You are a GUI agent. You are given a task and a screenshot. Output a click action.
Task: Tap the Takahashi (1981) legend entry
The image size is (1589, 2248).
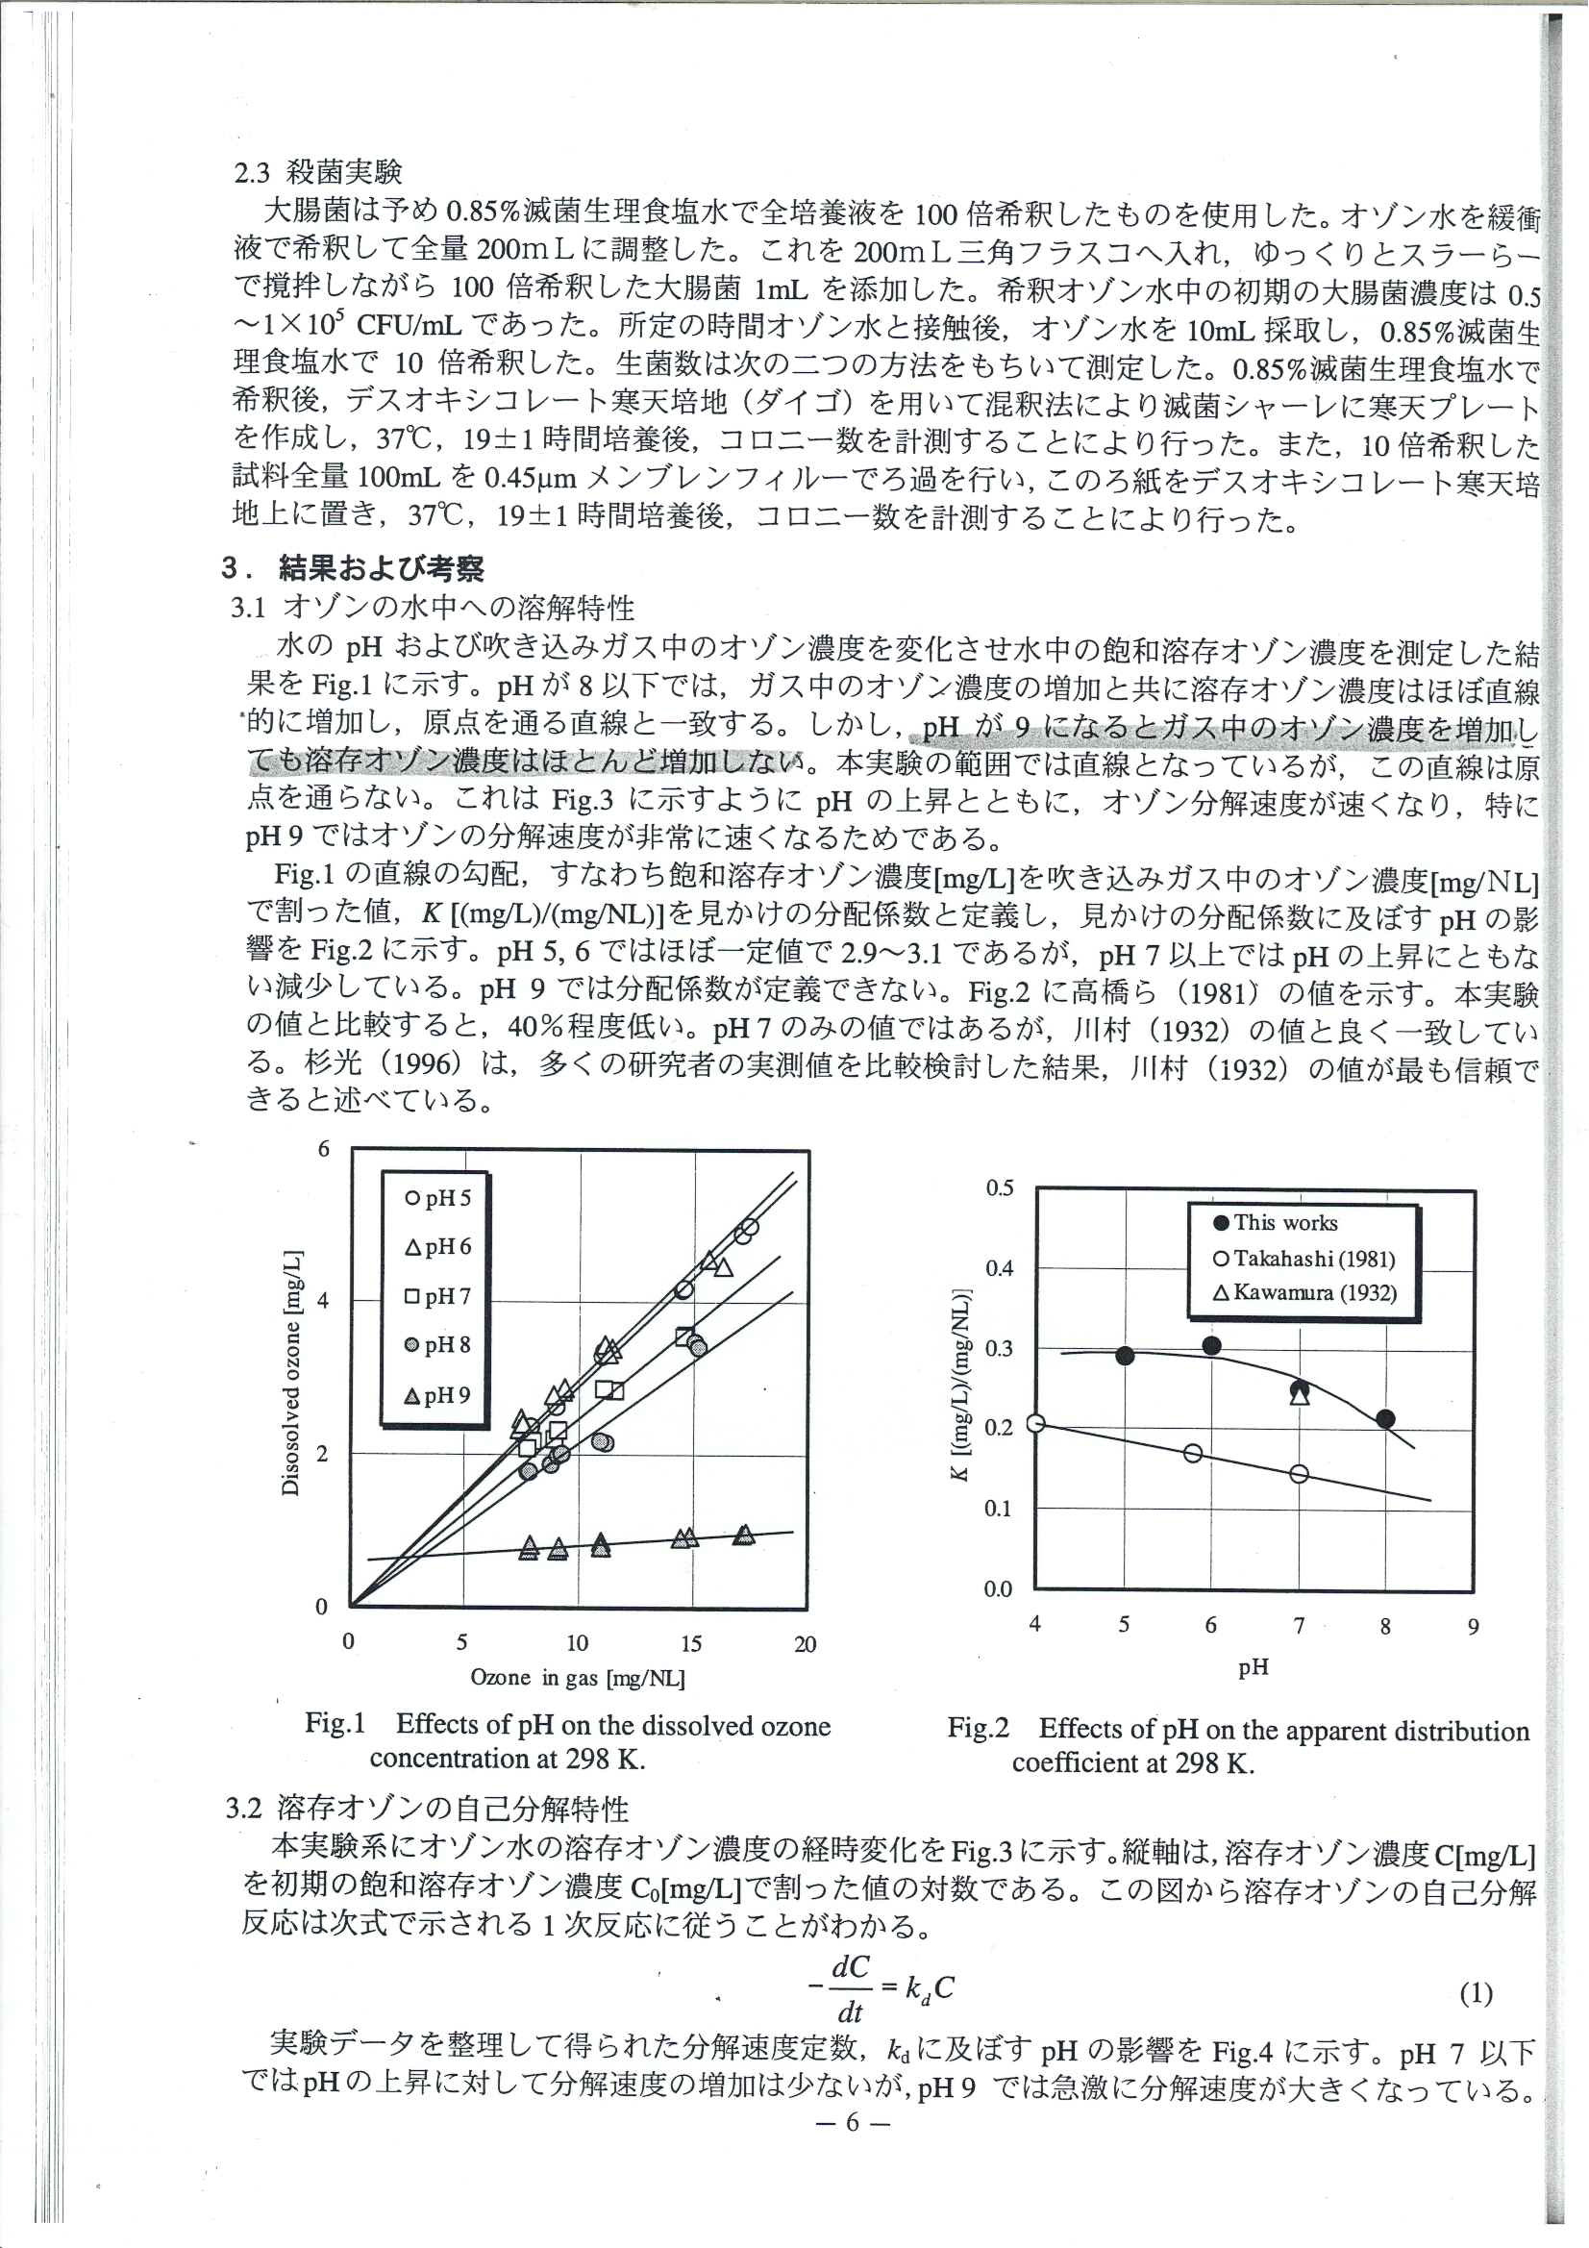pyautogui.click(x=1303, y=1259)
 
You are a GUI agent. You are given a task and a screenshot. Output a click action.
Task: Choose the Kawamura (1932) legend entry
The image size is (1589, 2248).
pyautogui.click(x=1304, y=1292)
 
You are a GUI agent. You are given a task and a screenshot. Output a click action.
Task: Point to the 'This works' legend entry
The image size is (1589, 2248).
pyautogui.click(x=1275, y=1222)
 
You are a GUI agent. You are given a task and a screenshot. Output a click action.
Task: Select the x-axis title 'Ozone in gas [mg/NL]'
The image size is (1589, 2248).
pyautogui.click(x=578, y=1677)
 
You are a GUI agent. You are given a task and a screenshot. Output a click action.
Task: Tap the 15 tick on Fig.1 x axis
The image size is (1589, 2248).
pyautogui.click(x=690, y=1643)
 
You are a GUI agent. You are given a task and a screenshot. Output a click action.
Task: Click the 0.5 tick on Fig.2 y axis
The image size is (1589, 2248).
pyautogui.click(x=1000, y=1188)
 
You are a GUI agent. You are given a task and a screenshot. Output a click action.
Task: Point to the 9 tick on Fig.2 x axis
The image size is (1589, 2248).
pyautogui.click(x=1473, y=1626)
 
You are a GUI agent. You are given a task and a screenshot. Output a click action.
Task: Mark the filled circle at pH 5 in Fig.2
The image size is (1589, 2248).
pyautogui.click(x=1125, y=1356)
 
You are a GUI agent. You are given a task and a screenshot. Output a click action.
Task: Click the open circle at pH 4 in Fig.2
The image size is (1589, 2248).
pyautogui.click(x=1036, y=1424)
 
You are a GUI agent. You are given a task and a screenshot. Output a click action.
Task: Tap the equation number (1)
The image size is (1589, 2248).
pyautogui.click(x=1476, y=1993)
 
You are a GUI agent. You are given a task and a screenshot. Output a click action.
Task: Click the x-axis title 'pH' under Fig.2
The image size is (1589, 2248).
pyautogui.click(x=1254, y=1667)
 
